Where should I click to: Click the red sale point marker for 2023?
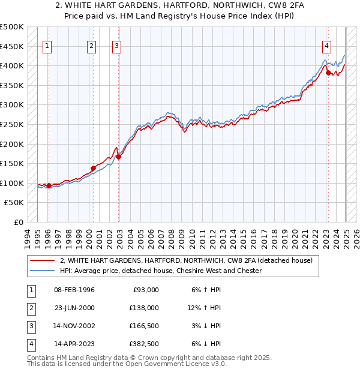tap(328, 73)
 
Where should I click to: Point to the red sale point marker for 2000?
tap(93, 168)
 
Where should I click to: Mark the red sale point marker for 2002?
tap(118, 157)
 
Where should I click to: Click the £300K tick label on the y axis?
tap(12, 105)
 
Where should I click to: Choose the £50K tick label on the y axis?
tap(14, 203)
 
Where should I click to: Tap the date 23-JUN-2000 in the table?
tap(74, 308)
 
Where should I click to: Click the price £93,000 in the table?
tap(145, 290)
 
